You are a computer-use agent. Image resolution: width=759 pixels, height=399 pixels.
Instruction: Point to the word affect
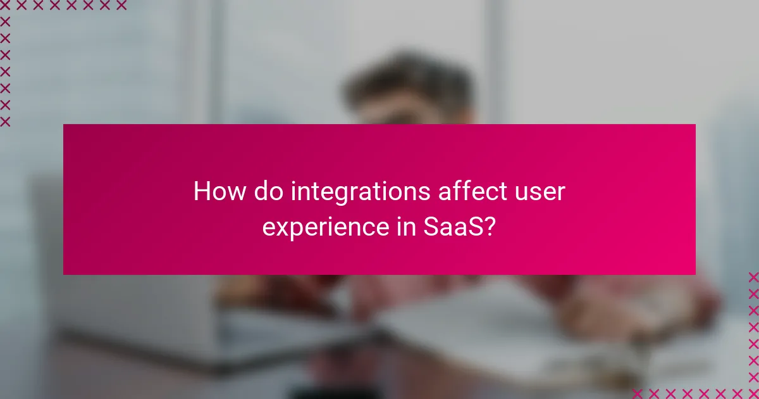click(x=468, y=191)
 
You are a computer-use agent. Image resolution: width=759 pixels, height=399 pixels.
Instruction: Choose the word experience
click(x=321, y=227)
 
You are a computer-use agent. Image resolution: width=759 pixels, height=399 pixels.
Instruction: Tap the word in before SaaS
click(x=400, y=225)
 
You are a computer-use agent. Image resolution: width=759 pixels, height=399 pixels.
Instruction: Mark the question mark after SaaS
click(x=488, y=225)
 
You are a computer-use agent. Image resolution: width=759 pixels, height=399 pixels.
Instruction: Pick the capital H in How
click(x=201, y=191)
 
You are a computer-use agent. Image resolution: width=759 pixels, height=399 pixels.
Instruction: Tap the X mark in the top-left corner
click(x=5, y=6)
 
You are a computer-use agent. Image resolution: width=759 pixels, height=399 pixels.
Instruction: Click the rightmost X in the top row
click(x=121, y=6)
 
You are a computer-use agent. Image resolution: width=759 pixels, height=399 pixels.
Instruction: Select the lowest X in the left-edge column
click(x=5, y=121)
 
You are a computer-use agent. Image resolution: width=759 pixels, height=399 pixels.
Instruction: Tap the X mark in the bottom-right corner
click(x=753, y=393)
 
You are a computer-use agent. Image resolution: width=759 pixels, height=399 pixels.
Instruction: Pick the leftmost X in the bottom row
click(x=638, y=393)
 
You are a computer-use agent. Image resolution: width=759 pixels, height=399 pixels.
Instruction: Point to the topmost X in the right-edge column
click(x=753, y=277)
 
